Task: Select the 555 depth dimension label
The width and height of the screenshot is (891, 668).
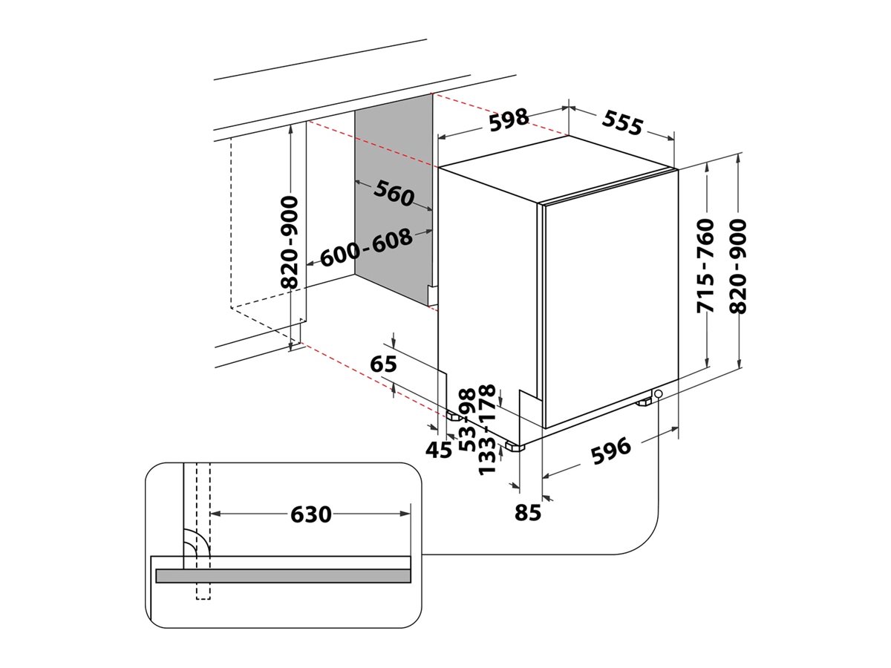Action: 621,123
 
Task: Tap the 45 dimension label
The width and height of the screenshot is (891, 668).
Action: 439,450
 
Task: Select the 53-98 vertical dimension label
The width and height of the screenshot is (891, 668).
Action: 467,420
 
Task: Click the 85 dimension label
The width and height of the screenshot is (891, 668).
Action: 528,512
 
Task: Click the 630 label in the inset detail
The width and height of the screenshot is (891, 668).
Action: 311,514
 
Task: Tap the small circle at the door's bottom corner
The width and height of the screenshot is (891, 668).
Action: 658,393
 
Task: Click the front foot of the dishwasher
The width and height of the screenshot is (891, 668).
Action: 514,446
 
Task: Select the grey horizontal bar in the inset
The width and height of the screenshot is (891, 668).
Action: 283,576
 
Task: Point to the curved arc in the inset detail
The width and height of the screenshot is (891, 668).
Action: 198,543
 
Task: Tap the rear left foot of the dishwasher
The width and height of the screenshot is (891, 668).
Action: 451,416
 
